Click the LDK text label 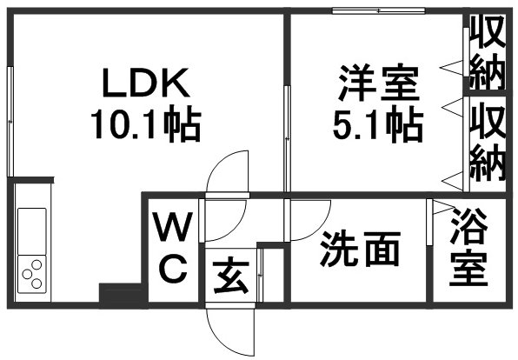pos(146,83)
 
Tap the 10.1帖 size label pos(146,123)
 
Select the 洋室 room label pos(379,83)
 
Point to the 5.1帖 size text pos(378,124)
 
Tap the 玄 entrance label pos(231,277)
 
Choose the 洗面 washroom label pos(360,249)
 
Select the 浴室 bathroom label pos(468,246)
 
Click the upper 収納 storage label pos(488,52)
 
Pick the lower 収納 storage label pos(488,142)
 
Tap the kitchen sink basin pos(31,231)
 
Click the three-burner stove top pos(31,274)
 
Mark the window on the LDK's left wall pos(10,122)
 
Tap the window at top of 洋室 pos(379,11)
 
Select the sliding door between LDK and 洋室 pos(287,138)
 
